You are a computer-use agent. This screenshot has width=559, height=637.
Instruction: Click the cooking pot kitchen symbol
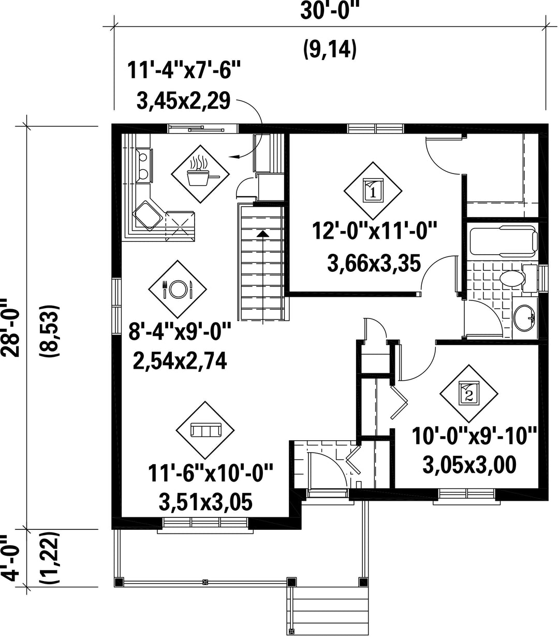tap(200, 173)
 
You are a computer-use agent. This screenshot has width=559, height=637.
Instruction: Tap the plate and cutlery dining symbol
tap(177, 289)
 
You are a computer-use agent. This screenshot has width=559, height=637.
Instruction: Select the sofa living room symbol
tap(205, 430)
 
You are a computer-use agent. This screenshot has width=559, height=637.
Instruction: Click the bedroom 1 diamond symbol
tap(373, 191)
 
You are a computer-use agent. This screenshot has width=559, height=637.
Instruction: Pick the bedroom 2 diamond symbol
tap(469, 393)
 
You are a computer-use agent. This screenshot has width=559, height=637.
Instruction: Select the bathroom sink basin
tap(524, 318)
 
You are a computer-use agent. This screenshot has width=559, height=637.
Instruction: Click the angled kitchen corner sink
tap(148, 214)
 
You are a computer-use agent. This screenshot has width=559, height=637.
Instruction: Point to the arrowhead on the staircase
tap(263, 234)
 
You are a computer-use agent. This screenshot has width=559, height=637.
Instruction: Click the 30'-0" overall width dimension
tap(330, 12)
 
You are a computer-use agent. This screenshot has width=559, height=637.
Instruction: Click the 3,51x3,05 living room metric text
tap(205, 502)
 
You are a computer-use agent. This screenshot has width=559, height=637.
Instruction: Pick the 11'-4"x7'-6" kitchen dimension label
tap(184, 70)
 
